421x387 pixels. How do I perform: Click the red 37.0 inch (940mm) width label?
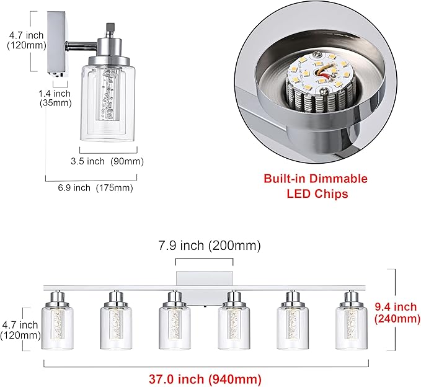coord(205,379)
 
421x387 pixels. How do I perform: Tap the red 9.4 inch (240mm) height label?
coord(397,313)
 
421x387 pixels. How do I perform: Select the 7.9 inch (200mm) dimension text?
coord(210,246)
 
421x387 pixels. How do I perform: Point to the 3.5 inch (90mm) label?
coord(107,161)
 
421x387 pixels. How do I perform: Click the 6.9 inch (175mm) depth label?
coord(95,187)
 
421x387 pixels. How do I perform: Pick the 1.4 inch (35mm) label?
coord(55,98)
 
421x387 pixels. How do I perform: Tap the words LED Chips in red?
coord(317,194)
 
